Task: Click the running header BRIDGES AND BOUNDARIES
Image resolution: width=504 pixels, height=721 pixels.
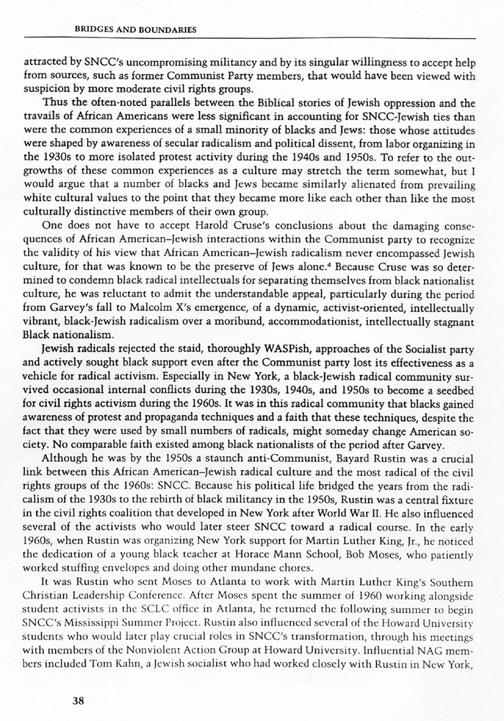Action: coord(136,30)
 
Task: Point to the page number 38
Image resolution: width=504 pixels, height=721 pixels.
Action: coord(78,698)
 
